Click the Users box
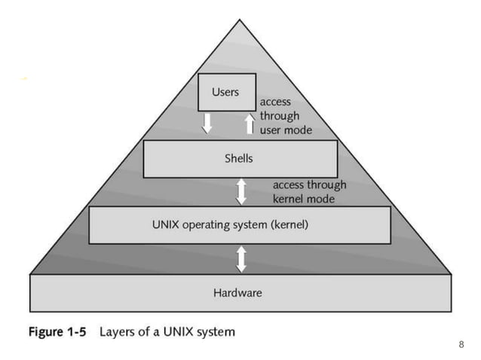[225, 92]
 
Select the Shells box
[240, 159]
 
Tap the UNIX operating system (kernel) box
[240, 224]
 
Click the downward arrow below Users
[207, 123]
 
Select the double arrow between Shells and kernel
[241, 191]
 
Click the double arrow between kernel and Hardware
[241, 258]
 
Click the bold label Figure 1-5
[58, 331]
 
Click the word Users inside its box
[225, 92]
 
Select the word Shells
[239, 159]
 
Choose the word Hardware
[237, 292]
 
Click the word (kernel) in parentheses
[289, 224]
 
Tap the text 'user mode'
[286, 130]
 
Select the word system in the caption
[216, 332]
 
